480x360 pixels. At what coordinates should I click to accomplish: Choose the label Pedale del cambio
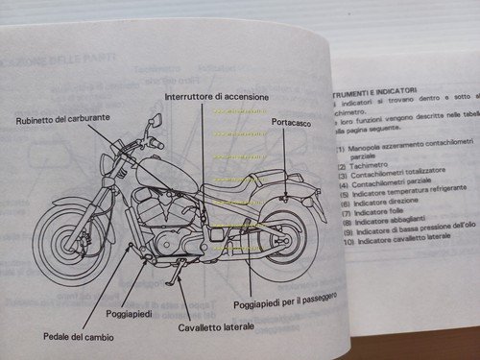click(x=77, y=335)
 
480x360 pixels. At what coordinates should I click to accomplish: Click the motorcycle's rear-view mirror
click(x=154, y=123)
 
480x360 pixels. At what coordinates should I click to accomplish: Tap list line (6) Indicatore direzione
click(x=375, y=204)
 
